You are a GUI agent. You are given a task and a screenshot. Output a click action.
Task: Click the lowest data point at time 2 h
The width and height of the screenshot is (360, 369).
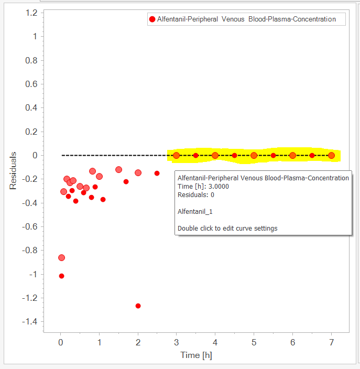[x=138, y=306]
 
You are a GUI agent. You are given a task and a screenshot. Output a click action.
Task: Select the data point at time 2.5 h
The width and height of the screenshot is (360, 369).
[x=157, y=173]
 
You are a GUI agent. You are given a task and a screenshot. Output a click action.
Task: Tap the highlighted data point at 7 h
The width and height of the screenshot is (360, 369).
[x=331, y=155]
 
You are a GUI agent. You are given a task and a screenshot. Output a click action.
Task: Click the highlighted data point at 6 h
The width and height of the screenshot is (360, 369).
[x=292, y=155]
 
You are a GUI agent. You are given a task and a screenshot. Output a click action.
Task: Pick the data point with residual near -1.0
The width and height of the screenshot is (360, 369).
[x=61, y=276]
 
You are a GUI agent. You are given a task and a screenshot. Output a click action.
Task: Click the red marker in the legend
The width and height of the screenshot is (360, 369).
[x=152, y=19]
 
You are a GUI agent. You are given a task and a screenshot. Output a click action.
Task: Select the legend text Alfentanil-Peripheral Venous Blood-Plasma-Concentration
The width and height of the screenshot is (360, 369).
[x=246, y=19]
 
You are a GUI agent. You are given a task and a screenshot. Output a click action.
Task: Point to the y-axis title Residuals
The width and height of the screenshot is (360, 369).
[x=13, y=170]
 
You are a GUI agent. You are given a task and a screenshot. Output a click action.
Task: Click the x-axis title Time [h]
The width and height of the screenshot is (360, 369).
[x=196, y=355]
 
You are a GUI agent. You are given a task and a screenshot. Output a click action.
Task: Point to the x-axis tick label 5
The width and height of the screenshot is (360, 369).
[x=254, y=343]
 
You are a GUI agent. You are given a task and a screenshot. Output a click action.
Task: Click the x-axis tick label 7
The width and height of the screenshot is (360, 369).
[x=331, y=343]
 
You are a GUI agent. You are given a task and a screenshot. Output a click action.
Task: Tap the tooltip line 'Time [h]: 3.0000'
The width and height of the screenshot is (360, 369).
[x=203, y=187]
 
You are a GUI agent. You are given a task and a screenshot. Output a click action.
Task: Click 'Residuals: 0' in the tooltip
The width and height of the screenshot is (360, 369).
[x=196, y=195]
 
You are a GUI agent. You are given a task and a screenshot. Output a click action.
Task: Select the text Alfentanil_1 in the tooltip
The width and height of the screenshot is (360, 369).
[x=195, y=212]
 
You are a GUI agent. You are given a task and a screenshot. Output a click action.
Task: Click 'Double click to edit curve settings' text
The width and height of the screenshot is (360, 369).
[x=227, y=229]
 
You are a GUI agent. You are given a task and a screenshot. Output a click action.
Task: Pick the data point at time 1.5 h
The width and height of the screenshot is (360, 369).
[x=118, y=169]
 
